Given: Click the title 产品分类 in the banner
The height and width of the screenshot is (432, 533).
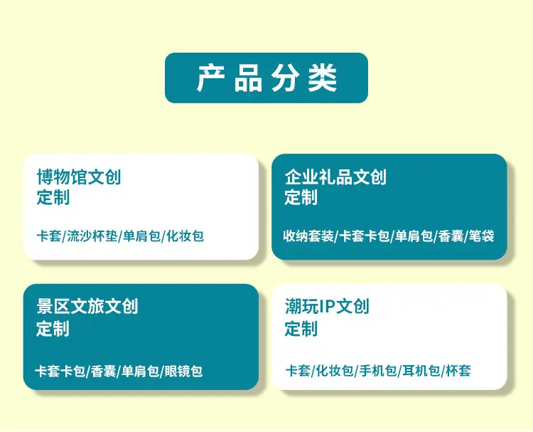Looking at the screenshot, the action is coord(266,78).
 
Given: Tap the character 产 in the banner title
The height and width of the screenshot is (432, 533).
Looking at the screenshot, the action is coord(211,78).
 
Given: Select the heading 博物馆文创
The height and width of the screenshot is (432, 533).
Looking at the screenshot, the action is coord(79,177).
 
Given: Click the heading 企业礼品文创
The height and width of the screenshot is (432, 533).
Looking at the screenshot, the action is coord(335,177).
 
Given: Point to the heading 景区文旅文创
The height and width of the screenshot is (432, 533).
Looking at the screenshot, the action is coord(87,306).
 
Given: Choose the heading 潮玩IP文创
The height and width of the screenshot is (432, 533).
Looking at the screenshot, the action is coord(327,306).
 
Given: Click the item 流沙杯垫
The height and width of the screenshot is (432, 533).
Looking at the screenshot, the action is coord(92,236).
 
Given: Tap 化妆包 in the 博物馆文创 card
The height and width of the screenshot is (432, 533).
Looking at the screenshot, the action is coord(185,236).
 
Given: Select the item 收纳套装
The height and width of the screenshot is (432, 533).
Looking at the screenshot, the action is coord(308,236).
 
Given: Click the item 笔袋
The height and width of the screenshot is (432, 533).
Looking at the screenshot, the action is coord(481,236).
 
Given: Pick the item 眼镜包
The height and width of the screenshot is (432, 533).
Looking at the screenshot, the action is coord(183,371).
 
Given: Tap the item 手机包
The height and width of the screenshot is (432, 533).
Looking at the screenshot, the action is coord(378,370).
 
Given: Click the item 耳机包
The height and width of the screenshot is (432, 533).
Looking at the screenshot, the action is coord(421,370).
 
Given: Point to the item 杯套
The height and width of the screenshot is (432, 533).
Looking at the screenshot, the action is coord(458,370).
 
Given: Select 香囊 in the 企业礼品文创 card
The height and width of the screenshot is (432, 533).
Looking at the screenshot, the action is coord(451,236).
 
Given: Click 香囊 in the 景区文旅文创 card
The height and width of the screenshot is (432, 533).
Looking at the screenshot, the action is coord(103,371).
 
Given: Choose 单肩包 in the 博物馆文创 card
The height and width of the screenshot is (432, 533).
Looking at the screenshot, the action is coord(141,236).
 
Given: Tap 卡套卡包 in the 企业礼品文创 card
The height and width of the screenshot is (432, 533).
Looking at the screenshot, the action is coord(365,236).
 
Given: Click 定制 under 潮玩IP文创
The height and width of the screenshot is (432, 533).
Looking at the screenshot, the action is coord(301,329).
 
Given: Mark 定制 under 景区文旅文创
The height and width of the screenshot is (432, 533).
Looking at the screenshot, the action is coord(53,329).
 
